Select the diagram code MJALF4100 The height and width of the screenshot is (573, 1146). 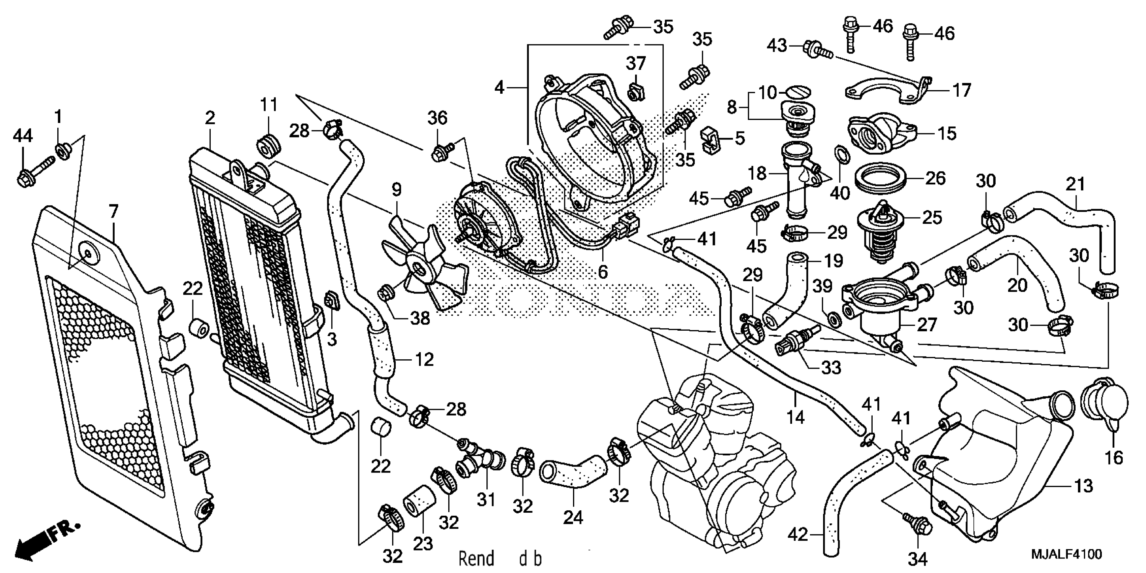pyautogui.click(x=1066, y=554)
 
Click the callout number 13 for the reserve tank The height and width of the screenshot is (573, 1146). pyautogui.click(x=1083, y=486)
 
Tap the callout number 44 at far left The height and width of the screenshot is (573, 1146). pyautogui.click(x=23, y=135)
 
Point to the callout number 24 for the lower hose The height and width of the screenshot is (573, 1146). pyautogui.click(x=573, y=517)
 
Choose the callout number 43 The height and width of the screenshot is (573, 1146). pyautogui.click(x=777, y=46)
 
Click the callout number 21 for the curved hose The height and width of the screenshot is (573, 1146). pyautogui.click(x=1076, y=184)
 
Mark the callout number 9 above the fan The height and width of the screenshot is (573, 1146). pyautogui.click(x=396, y=190)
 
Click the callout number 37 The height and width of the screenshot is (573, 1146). pyautogui.click(x=636, y=64)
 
